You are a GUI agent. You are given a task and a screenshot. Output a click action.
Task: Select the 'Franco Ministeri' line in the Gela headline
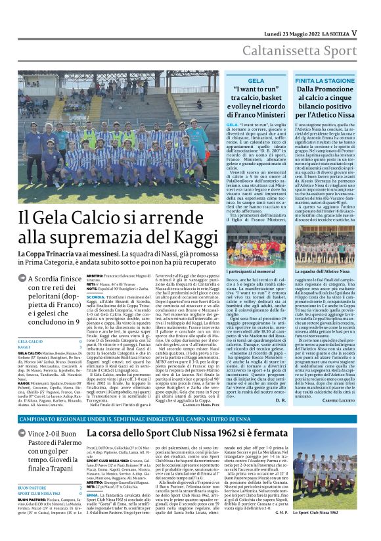coord(275,114)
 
